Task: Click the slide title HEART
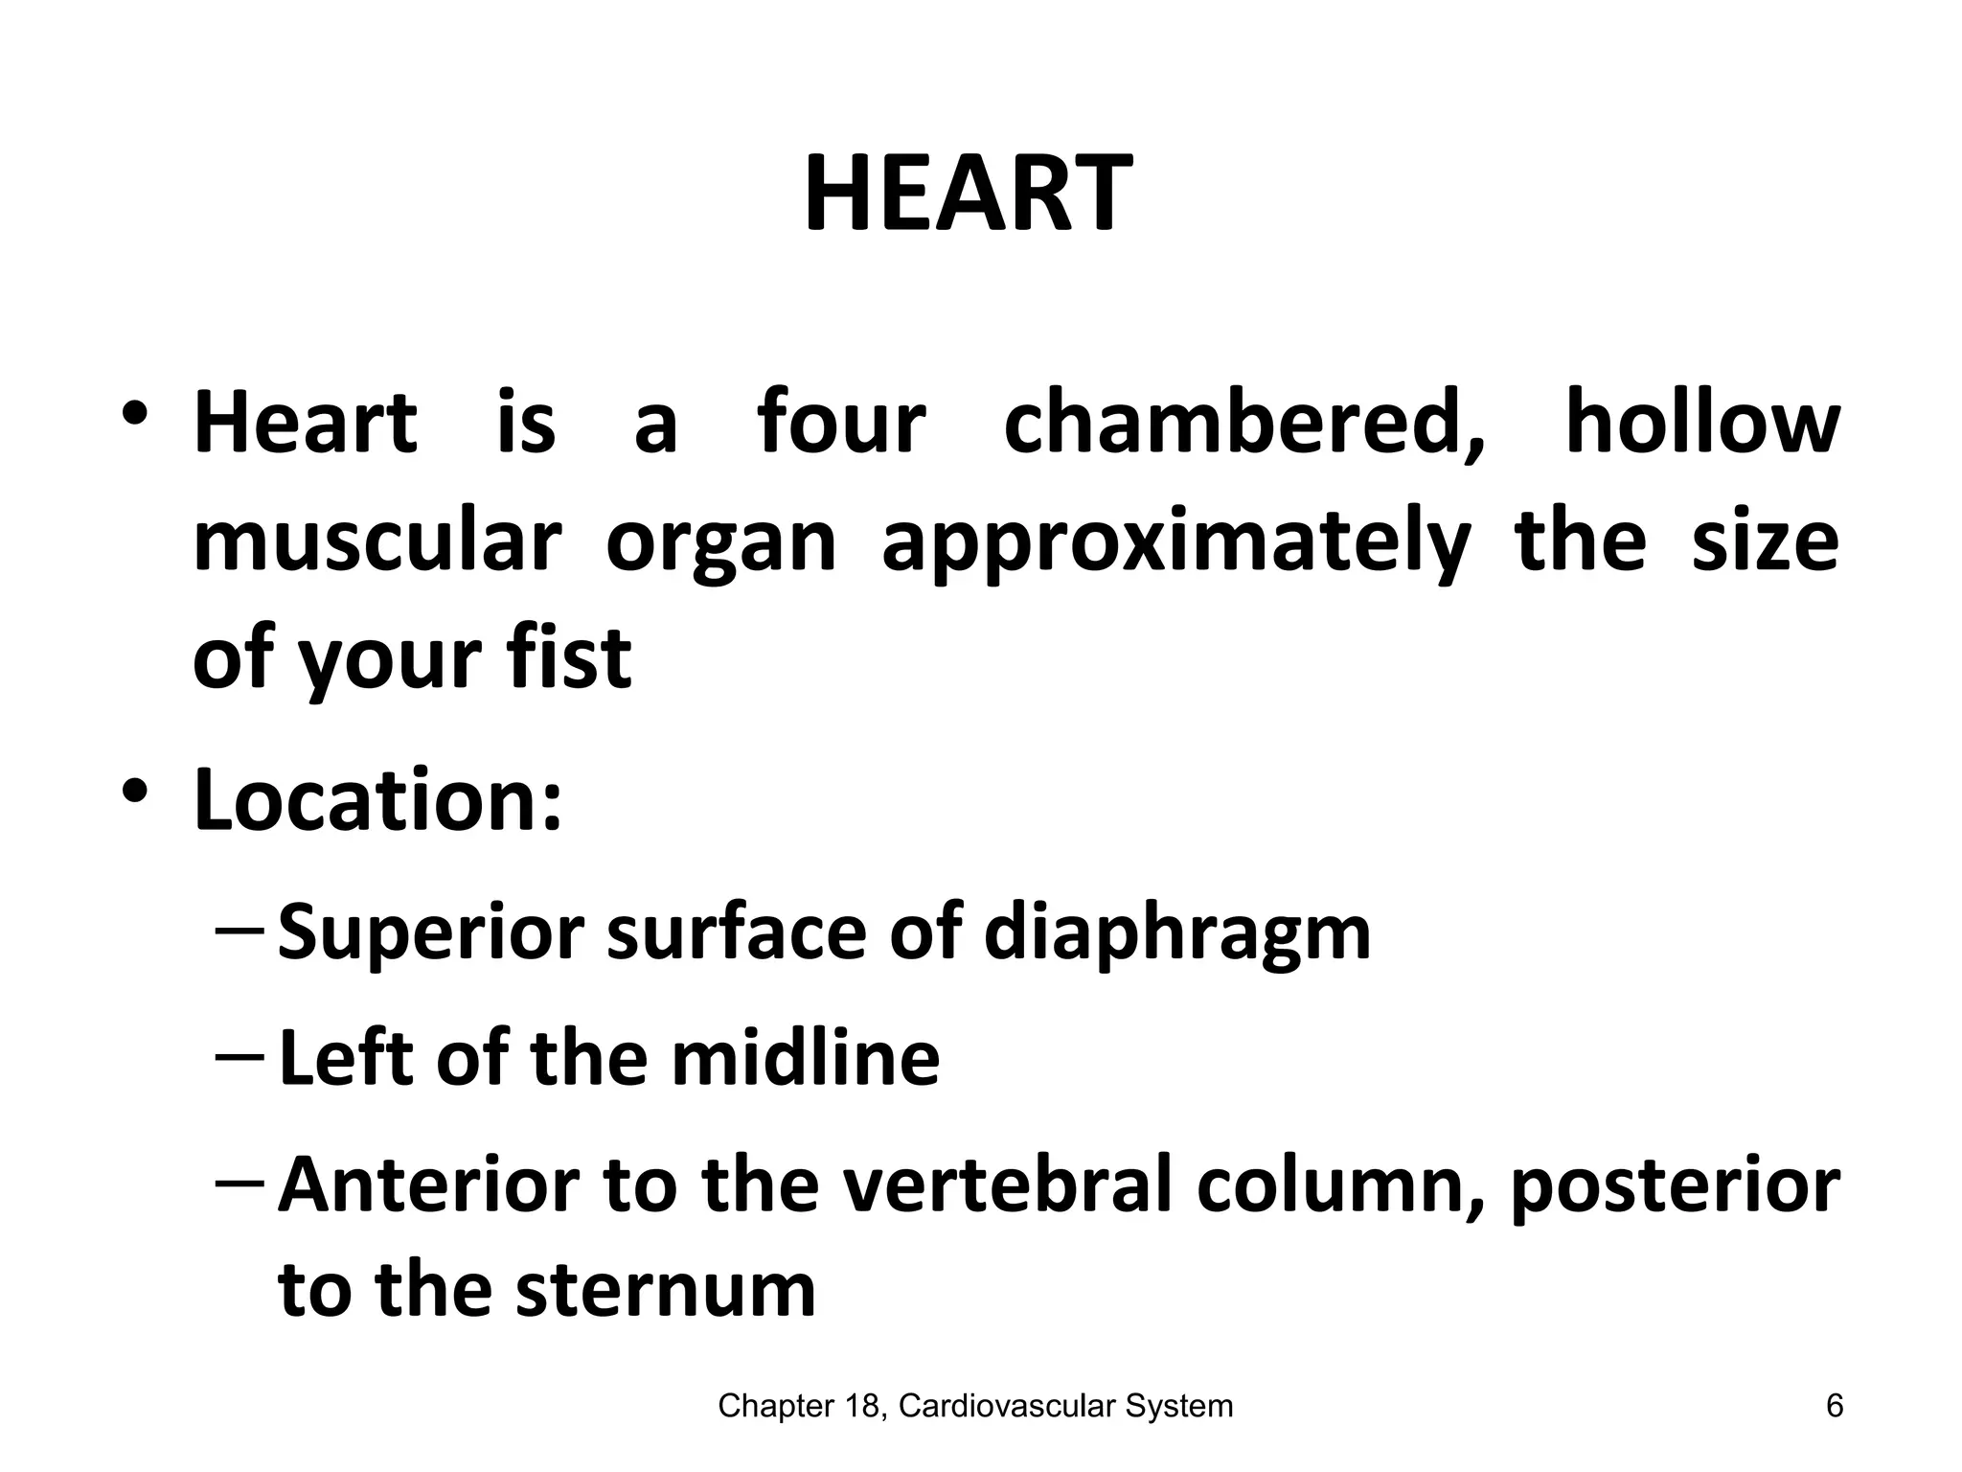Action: (968, 195)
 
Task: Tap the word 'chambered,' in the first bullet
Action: (1244, 424)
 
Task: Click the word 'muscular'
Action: (376, 541)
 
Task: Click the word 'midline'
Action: (805, 1058)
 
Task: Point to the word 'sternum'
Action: (665, 1290)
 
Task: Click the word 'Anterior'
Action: (429, 1184)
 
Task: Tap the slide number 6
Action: (1835, 1406)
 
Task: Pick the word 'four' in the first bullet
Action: (841, 424)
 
